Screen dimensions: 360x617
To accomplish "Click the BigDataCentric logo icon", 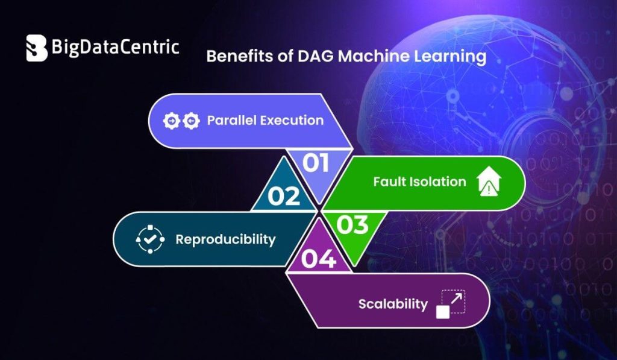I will coord(37,48).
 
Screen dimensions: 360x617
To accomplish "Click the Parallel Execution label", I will coord(265,120).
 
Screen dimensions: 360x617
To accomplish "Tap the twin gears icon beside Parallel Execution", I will coord(181,121).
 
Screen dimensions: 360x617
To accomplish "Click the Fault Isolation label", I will coord(419,182).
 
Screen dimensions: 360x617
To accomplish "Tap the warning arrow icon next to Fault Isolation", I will coord(489,182).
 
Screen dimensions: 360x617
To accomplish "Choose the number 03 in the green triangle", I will coord(352,225).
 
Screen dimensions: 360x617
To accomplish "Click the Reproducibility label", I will coord(225,239).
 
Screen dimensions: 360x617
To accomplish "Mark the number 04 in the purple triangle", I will coord(318,259).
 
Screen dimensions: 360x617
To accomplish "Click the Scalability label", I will coord(393,304).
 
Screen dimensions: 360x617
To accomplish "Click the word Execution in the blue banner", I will coord(292,120).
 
